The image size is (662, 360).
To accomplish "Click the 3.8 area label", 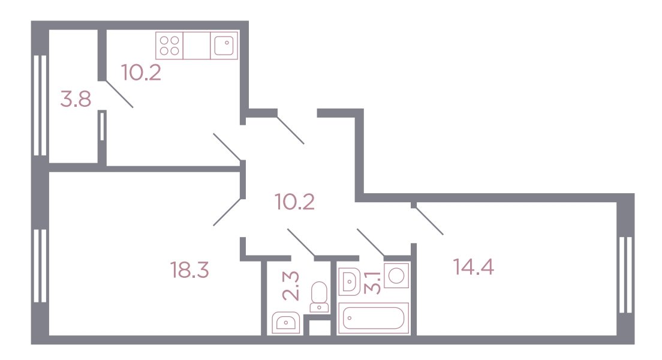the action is pyautogui.click(x=76, y=100).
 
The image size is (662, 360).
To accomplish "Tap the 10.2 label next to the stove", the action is pyautogui.click(x=141, y=72).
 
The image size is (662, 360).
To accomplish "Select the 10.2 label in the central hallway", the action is pyautogui.click(x=294, y=202).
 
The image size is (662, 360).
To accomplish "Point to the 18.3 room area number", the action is pyautogui.click(x=189, y=269).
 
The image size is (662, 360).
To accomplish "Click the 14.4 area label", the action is pyautogui.click(x=473, y=266).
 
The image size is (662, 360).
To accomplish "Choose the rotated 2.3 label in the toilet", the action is pyautogui.click(x=291, y=286).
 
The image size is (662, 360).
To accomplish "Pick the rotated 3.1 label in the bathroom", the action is pyautogui.click(x=374, y=282).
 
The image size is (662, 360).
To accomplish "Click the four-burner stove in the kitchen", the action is pyautogui.click(x=169, y=46).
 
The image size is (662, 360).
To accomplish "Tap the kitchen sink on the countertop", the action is pyautogui.click(x=224, y=46).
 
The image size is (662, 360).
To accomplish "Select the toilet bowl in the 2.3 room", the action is pyautogui.click(x=319, y=297).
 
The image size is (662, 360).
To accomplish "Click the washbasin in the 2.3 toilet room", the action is pyautogui.click(x=286, y=323).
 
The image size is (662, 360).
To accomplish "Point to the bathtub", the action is pyautogui.click(x=374, y=318).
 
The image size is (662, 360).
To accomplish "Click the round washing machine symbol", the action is pyautogui.click(x=396, y=275).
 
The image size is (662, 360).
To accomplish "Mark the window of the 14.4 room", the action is pyautogui.click(x=625, y=275).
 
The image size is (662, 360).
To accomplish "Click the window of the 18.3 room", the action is pyautogui.click(x=40, y=266).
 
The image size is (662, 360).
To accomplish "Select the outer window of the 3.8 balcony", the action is pyautogui.click(x=40, y=105).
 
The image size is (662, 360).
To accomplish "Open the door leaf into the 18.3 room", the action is pyautogui.click(x=228, y=212).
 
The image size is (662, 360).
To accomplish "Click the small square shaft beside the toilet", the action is pyautogui.click(x=320, y=328).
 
